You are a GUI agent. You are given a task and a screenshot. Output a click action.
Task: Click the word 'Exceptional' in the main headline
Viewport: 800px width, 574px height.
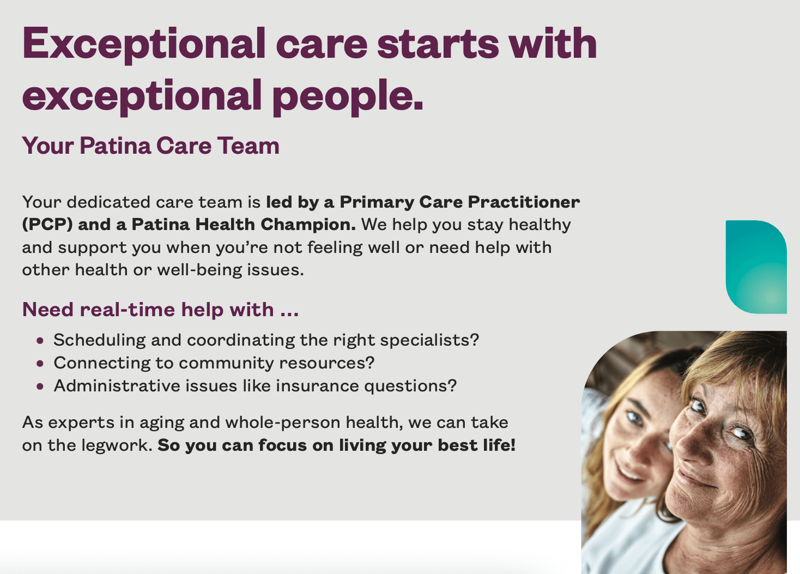[144, 45]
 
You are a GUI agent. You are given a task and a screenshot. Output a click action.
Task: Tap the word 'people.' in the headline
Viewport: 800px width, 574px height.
[348, 97]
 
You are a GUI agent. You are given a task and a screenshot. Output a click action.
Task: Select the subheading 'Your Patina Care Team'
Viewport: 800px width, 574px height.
[151, 146]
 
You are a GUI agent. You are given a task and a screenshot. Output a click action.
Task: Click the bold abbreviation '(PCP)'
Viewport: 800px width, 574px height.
[47, 225]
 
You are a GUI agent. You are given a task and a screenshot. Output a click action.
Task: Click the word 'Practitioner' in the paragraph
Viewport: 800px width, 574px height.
[524, 202]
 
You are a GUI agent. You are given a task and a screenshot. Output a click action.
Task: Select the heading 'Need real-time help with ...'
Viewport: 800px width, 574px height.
[160, 309]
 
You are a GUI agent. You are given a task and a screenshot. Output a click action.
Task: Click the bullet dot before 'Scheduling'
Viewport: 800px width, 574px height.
[40, 340]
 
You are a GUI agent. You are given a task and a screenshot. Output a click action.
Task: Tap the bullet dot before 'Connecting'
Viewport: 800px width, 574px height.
[40, 364]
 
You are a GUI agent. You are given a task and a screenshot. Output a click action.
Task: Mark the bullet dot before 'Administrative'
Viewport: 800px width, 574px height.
[40, 386]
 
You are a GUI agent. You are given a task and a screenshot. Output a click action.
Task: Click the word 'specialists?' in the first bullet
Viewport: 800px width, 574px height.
[429, 340]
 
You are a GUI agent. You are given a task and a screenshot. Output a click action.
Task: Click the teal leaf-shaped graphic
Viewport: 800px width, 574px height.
[756, 267]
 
